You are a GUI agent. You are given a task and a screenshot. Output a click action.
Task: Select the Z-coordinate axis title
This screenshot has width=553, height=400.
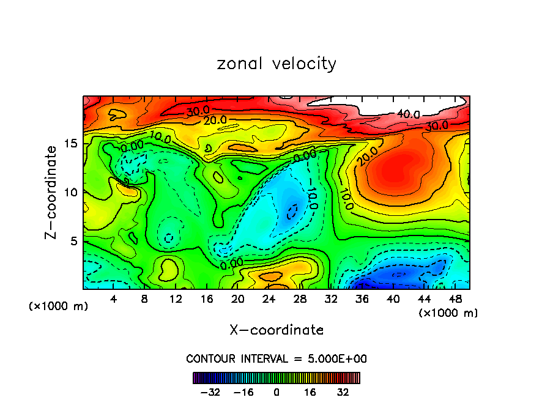[x=51, y=192]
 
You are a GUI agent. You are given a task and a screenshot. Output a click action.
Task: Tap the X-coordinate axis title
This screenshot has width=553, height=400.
[x=276, y=330]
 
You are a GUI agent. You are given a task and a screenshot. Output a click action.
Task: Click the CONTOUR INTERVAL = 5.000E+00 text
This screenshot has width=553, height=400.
[x=276, y=358]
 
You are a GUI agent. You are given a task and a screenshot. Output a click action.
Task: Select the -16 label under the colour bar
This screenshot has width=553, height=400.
[x=243, y=391]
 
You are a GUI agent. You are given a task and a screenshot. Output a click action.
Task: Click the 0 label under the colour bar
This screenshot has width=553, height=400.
[x=276, y=391]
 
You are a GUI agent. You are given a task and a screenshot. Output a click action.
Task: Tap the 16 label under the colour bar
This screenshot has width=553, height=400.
[x=310, y=391]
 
